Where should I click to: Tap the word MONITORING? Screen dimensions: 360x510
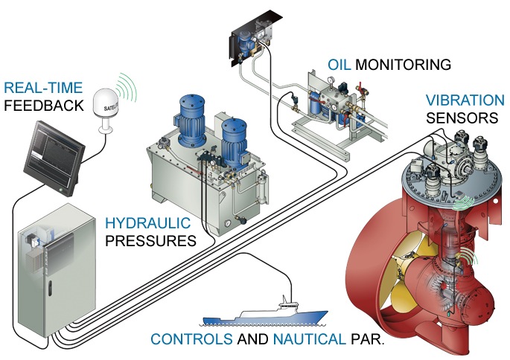403,65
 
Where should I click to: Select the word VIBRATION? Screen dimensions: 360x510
465,100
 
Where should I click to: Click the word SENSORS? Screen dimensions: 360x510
462,118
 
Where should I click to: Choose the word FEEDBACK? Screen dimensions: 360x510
43,106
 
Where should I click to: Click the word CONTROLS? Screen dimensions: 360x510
191,339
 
